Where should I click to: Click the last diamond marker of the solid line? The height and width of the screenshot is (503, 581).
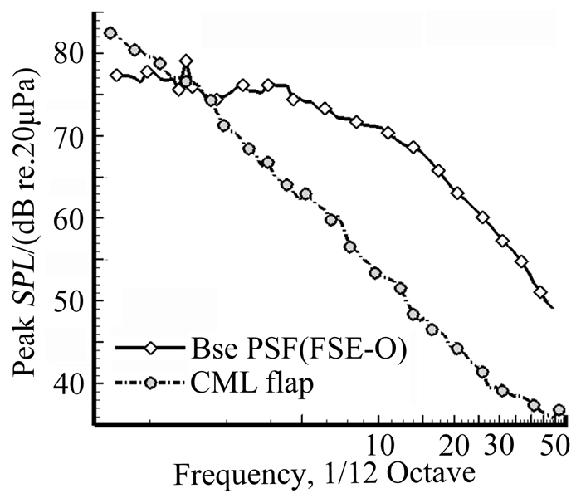pos(540,293)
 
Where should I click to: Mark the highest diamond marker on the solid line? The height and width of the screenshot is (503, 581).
pos(187,61)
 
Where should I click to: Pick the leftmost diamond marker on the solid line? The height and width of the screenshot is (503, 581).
pos(116,76)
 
